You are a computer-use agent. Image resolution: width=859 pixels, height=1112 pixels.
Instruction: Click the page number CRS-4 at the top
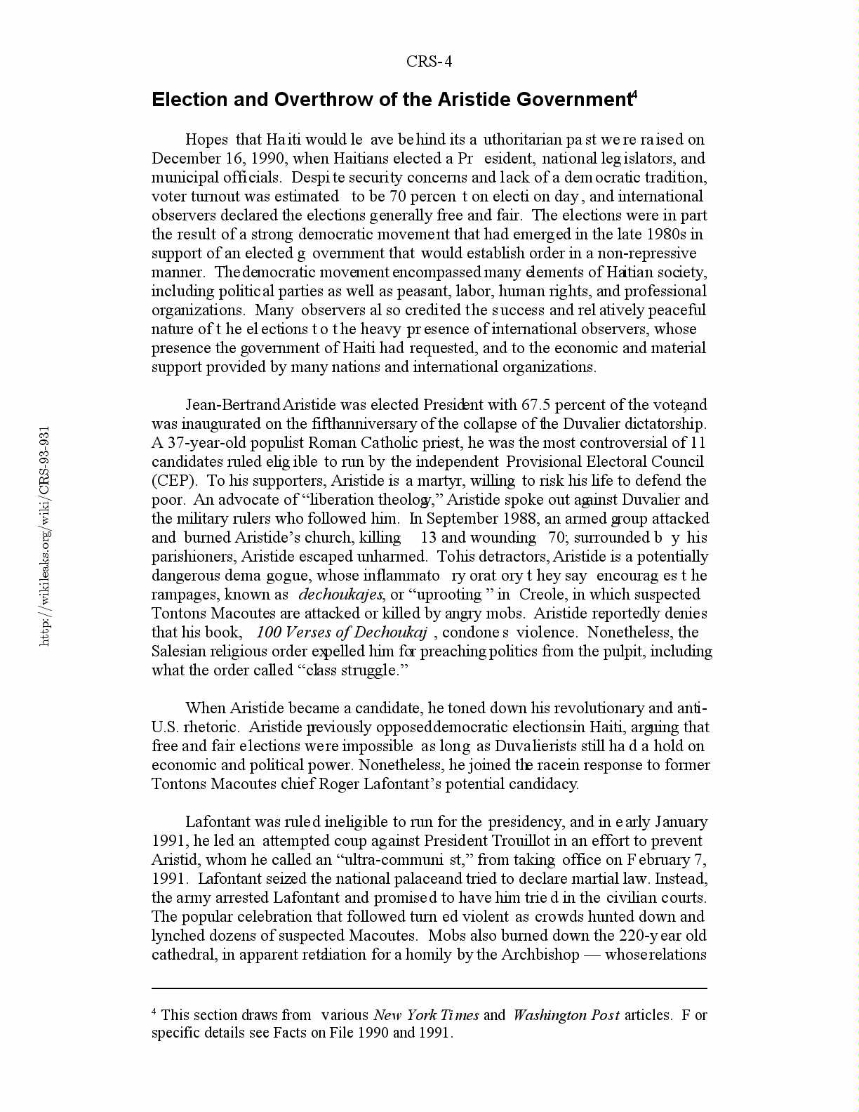pos(429,62)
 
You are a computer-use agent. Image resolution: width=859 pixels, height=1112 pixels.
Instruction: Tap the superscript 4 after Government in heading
pos(634,94)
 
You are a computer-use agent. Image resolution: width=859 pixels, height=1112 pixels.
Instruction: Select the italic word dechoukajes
pos(340,595)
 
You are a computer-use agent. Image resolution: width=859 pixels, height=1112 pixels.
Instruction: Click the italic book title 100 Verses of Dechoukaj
pos(342,633)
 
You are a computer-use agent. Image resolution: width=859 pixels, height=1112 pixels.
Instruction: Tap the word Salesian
pos(180,651)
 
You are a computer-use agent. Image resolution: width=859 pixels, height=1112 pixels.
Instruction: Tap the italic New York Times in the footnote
pos(426,1015)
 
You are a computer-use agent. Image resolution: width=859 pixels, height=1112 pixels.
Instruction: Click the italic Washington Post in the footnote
pos(566,1015)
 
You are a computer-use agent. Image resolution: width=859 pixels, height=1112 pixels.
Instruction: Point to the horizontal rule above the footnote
pos(429,988)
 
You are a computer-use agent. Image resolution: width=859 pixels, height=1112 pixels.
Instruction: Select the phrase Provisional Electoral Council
pos(604,462)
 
